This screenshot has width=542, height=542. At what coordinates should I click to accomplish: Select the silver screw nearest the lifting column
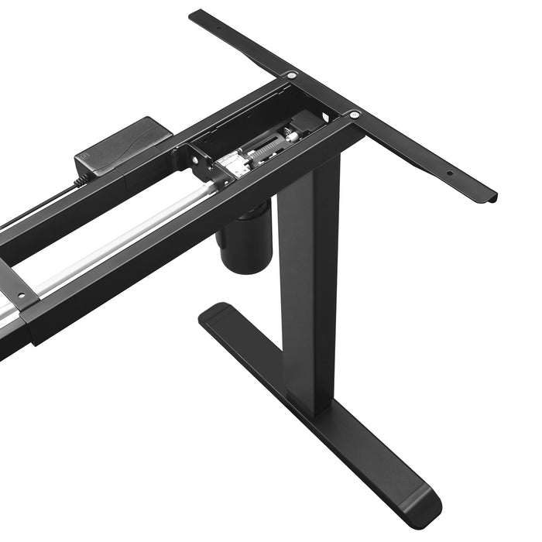[354, 115]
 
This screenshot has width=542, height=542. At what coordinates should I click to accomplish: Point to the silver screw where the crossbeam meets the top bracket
[291, 75]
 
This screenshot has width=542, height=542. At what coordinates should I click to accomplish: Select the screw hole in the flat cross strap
[22, 295]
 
